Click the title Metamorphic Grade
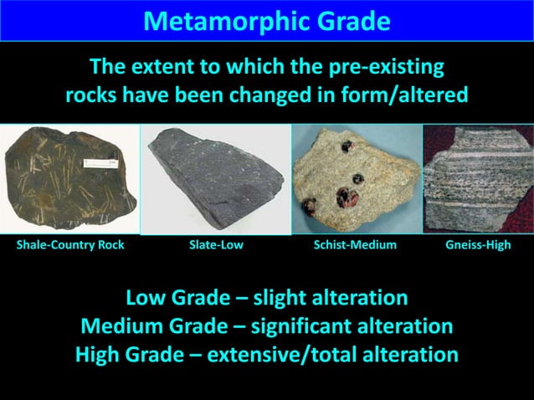pyautogui.click(x=267, y=20)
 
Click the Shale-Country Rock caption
pyautogui.click(x=70, y=245)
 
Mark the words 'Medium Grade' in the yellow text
pyautogui.click(x=144, y=326)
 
